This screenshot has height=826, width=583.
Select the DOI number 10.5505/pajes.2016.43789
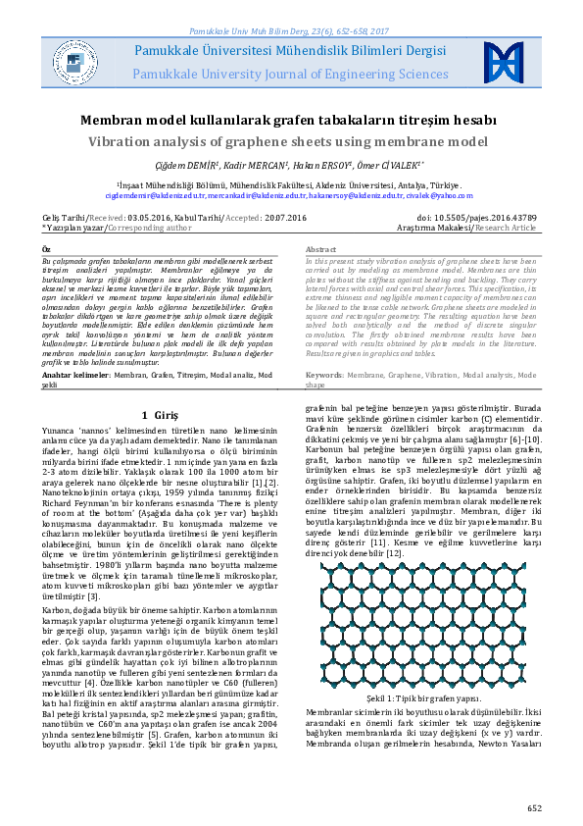[x=476, y=216]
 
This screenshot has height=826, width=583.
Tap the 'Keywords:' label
[x=324, y=375]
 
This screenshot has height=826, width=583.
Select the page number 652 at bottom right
[x=534, y=807]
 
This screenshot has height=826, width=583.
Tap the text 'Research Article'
[x=506, y=227]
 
